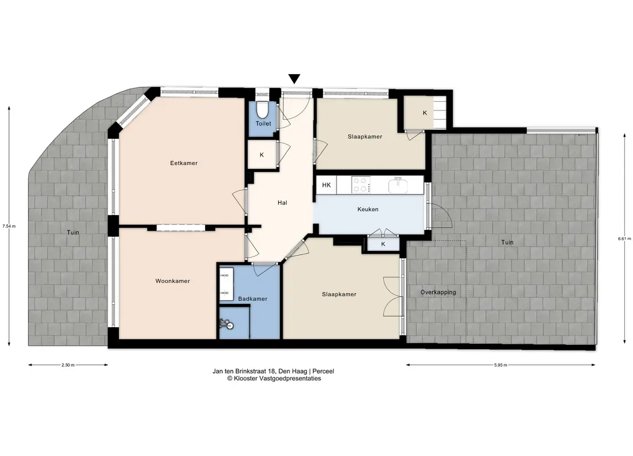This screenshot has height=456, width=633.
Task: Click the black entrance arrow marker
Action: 294,79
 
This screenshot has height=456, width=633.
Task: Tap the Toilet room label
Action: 263,123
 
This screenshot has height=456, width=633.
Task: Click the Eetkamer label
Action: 184,163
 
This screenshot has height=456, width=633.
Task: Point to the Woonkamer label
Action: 172,281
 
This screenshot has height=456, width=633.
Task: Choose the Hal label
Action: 282,203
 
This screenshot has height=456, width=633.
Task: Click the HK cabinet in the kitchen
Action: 326,185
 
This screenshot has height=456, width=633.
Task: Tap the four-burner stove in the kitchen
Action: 361,185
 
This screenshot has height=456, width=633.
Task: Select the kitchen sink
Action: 398,186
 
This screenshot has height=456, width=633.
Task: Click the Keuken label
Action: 368,209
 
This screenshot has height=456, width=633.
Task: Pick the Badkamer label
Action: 253,298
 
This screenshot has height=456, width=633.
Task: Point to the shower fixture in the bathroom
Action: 227,324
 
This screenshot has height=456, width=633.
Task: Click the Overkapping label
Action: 438,292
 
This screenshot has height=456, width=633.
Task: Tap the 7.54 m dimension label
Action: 9,226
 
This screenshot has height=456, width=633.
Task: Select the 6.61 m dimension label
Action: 624,238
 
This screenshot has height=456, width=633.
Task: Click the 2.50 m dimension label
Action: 68,365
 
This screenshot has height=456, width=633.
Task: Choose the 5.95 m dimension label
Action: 500,365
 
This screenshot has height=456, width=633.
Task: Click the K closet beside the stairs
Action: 425,113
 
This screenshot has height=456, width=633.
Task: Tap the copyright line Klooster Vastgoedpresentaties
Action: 274,379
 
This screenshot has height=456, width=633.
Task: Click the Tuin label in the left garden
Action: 73,233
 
